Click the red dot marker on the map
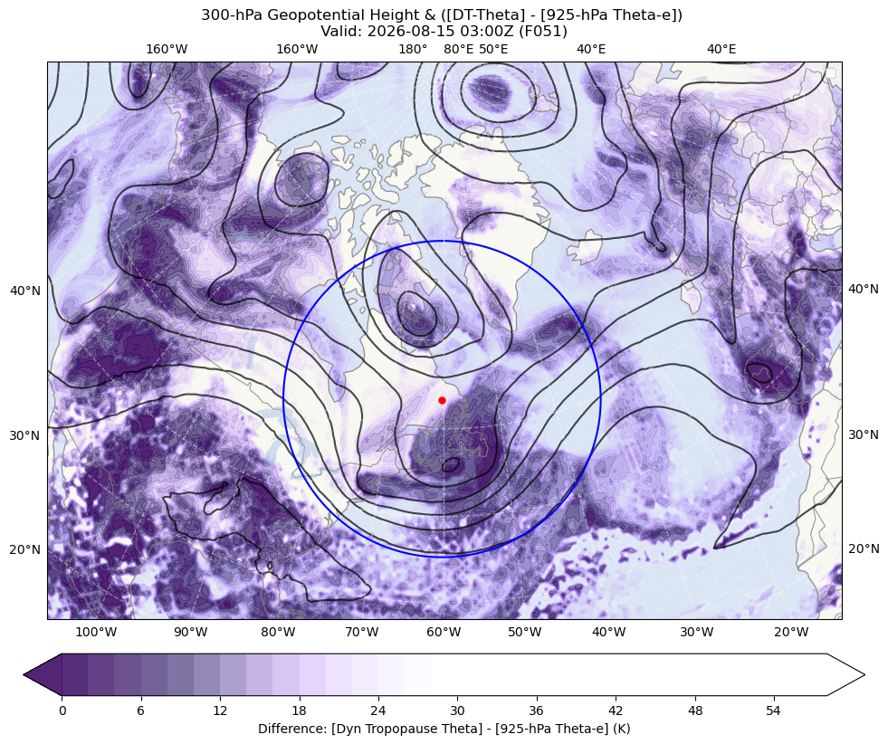[x=442, y=400]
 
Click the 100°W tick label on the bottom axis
[x=96, y=632]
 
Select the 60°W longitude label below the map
[x=444, y=632]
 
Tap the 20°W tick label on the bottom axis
[x=791, y=632]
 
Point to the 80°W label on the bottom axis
[x=278, y=632]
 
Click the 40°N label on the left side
[x=25, y=291]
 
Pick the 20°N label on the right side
[x=864, y=548]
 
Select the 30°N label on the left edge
[x=25, y=435]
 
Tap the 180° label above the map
[x=413, y=49]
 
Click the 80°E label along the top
[x=459, y=49]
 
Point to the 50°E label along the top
[x=494, y=49]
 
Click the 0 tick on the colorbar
[x=62, y=711]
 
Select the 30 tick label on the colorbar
[x=457, y=711]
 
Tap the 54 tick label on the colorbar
[x=774, y=711]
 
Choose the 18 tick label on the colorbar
[x=299, y=711]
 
